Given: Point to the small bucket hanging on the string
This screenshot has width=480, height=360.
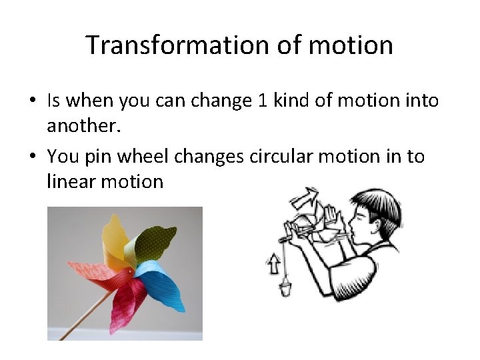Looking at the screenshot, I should coord(285,289).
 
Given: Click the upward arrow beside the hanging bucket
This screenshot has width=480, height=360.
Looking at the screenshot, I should coord(273,265).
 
